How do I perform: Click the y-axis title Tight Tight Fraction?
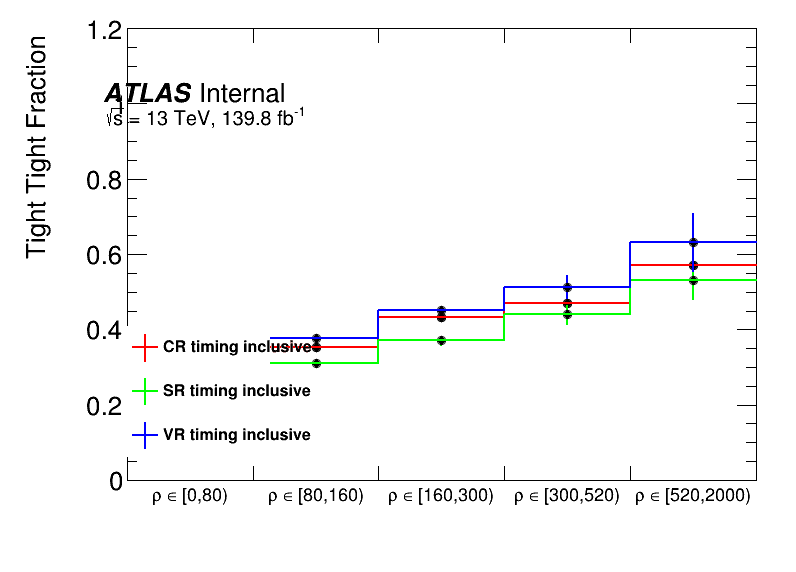[36, 146]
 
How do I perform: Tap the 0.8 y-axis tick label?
[104, 180]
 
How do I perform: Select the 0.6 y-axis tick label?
[104, 255]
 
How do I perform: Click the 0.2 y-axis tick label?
[104, 405]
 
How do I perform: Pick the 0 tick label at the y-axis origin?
[116, 480]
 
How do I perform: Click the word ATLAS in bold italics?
[148, 93]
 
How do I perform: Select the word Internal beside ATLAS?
[242, 93]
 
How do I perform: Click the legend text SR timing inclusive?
[236, 391]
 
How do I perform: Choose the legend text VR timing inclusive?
[236, 435]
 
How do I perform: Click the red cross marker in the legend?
[145, 347]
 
